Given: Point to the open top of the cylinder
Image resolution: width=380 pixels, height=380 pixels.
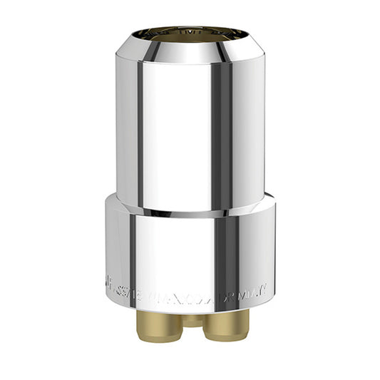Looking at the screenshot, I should coord(191,33).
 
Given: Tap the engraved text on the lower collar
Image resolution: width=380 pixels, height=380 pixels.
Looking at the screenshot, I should coord(191,289).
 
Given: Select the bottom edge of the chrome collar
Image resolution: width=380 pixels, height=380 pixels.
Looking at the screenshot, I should coord(191,305).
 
